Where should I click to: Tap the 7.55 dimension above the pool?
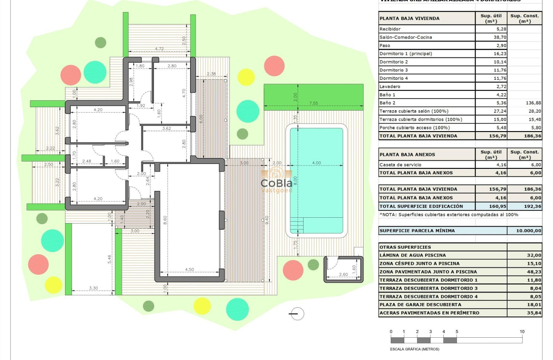pos(314,103)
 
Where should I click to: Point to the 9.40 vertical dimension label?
pos(266,220)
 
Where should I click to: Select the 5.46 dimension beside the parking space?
pos(110,258)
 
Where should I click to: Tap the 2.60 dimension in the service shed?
pos(343,274)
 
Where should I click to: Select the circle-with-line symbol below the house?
pos(296,314)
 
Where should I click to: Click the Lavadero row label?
pos(390,87)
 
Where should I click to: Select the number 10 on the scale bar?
pos(522,331)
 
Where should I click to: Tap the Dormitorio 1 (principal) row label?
pos(406,54)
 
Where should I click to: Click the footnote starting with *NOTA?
pos(448,214)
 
